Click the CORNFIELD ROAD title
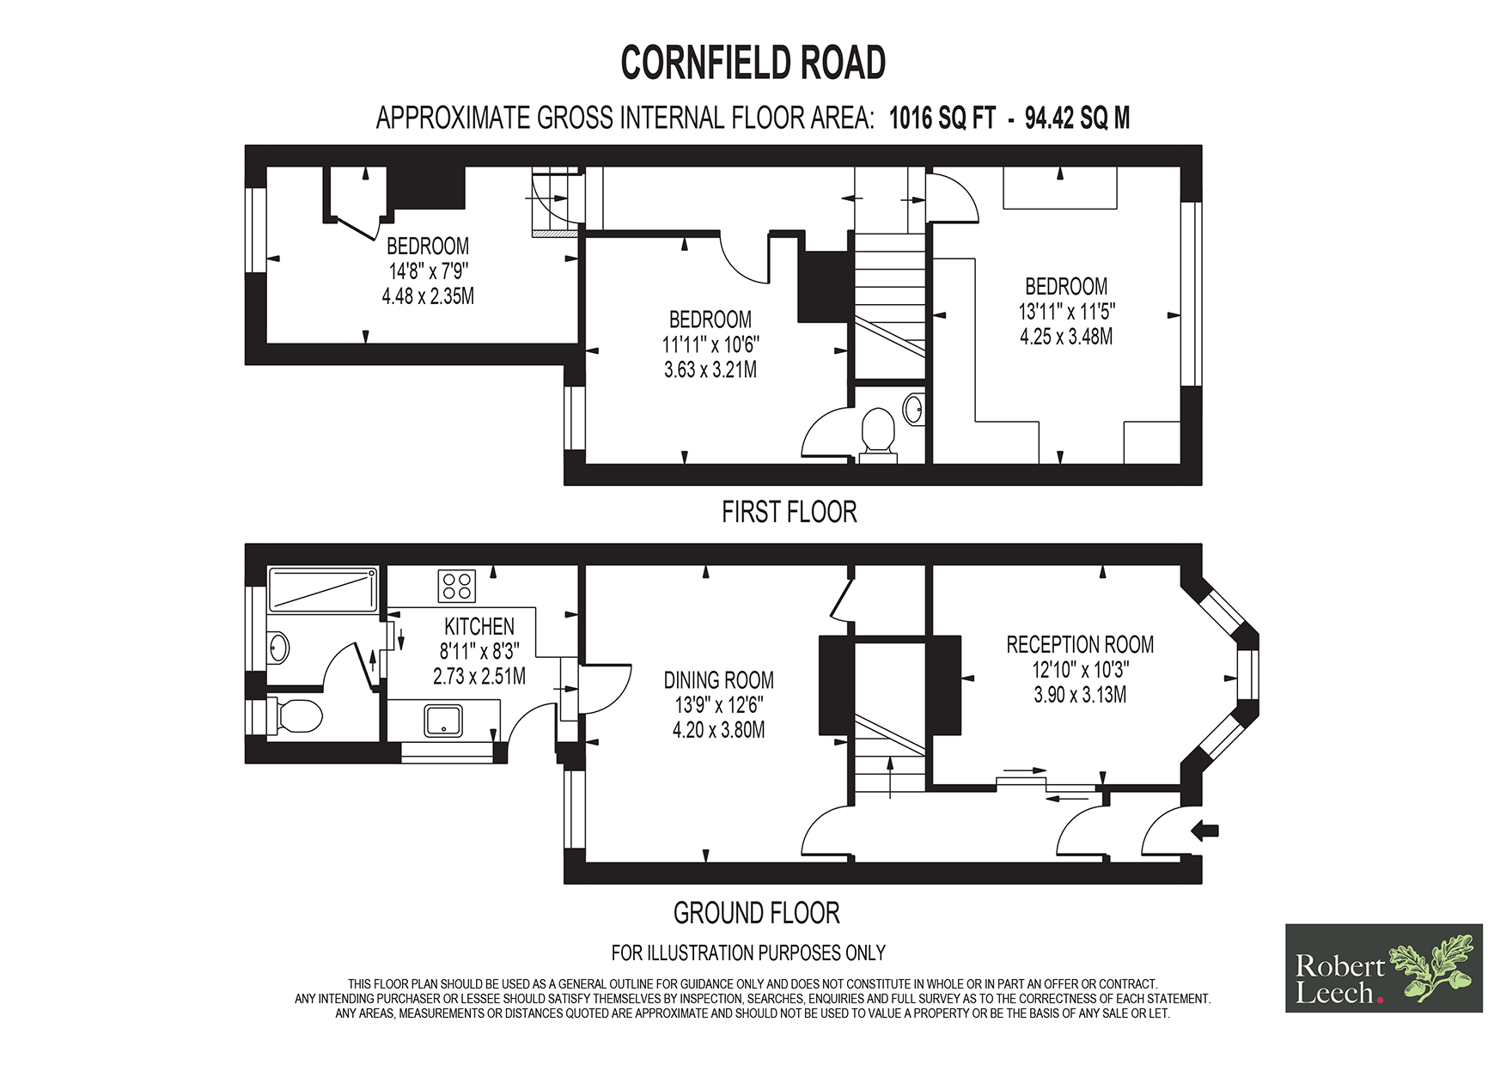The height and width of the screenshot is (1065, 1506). click(753, 63)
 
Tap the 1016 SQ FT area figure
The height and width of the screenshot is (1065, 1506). click(942, 118)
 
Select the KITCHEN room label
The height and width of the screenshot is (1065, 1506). click(479, 626)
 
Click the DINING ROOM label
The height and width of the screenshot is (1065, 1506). click(718, 680)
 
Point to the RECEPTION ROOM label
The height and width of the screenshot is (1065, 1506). click(1080, 644)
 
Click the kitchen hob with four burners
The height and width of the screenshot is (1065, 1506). click(457, 586)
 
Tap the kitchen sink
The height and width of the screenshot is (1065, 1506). click(443, 721)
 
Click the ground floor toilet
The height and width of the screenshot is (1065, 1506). click(292, 716)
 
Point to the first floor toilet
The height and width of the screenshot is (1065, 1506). click(877, 434)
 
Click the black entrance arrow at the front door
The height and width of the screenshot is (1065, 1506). click(1205, 830)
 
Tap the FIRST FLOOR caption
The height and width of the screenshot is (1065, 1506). click(789, 512)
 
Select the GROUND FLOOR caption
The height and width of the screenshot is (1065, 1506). click(756, 912)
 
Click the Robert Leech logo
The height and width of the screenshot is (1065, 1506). click(1383, 968)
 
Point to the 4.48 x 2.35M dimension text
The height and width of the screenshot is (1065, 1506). click(428, 296)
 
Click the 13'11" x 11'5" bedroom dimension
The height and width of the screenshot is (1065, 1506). click(1066, 311)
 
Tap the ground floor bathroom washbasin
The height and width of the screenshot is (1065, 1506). click(278, 647)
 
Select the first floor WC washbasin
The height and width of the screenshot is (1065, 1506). click(914, 409)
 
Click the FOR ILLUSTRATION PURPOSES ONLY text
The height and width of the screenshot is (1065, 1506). click(748, 952)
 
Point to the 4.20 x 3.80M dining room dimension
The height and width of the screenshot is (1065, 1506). click(718, 730)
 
